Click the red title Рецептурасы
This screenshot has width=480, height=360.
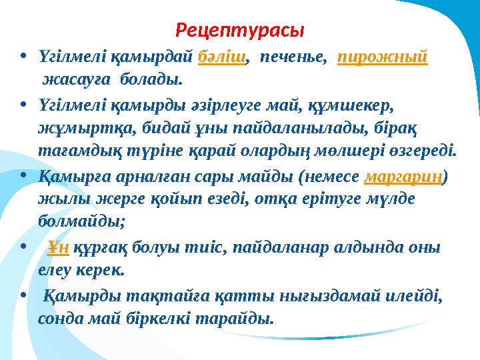pos(240,31)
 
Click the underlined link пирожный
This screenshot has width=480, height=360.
pos(383,59)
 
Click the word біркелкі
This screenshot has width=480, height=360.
pos(159,317)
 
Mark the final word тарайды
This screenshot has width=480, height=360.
pos(237,317)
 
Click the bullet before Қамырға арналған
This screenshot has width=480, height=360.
pos(23,176)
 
